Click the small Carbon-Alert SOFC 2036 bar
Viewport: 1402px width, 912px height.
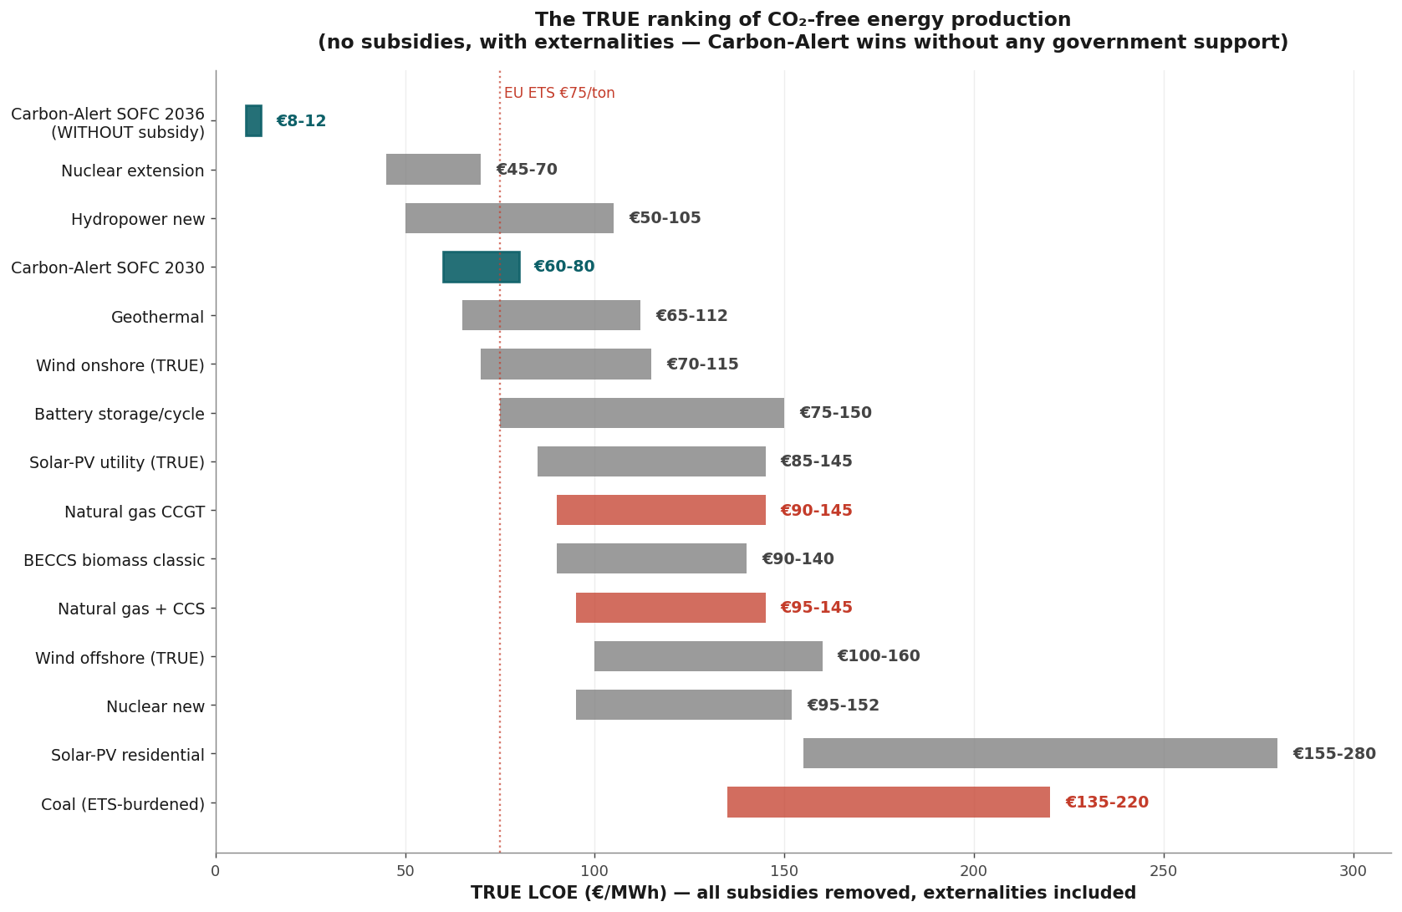tap(253, 121)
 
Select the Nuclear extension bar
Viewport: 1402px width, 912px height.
tap(433, 169)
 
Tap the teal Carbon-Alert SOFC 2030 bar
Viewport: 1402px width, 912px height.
tap(482, 267)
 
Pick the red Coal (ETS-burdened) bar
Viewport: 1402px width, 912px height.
tap(889, 802)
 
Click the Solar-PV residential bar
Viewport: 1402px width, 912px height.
tap(1040, 753)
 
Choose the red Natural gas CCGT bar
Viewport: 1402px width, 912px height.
tap(661, 510)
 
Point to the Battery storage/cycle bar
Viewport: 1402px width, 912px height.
tap(642, 413)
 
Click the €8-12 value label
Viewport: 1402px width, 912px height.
tap(301, 121)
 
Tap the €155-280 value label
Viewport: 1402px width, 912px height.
tap(1334, 754)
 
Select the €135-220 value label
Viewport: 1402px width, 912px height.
tap(1107, 802)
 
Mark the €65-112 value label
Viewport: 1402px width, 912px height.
tap(691, 315)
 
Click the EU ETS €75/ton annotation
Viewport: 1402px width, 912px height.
tap(559, 94)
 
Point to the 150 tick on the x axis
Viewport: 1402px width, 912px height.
tap(784, 871)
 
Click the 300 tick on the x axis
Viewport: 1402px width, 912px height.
tap(1354, 871)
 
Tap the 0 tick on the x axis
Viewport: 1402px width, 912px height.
tap(216, 871)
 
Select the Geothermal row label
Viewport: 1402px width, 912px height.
tap(158, 318)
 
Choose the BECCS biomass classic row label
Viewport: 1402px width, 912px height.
tap(114, 560)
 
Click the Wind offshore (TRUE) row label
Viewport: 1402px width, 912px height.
tap(120, 658)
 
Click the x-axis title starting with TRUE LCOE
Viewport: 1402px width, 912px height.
tap(803, 893)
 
